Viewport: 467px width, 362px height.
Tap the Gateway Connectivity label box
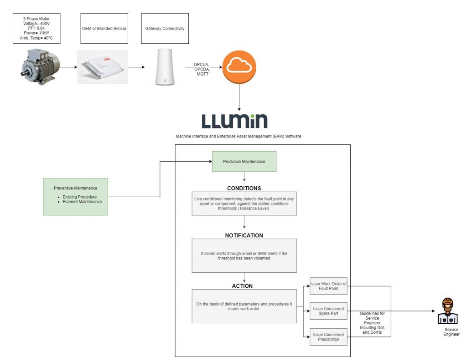165,29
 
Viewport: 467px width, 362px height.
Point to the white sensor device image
102,67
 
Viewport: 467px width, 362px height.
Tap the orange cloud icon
239,67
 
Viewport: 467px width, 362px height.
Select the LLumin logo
234,121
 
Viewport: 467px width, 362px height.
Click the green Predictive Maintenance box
244,162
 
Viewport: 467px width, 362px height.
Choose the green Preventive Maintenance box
75,196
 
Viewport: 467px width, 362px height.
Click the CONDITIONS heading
244,188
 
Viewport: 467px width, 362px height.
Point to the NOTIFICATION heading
244,235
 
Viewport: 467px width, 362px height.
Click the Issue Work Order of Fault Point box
328,286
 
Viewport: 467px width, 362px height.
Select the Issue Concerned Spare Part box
328,311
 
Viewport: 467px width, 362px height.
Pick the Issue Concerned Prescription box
328,337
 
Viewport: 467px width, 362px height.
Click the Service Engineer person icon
448,311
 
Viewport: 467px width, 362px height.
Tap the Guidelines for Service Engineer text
372,323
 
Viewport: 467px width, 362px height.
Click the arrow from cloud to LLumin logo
239,97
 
